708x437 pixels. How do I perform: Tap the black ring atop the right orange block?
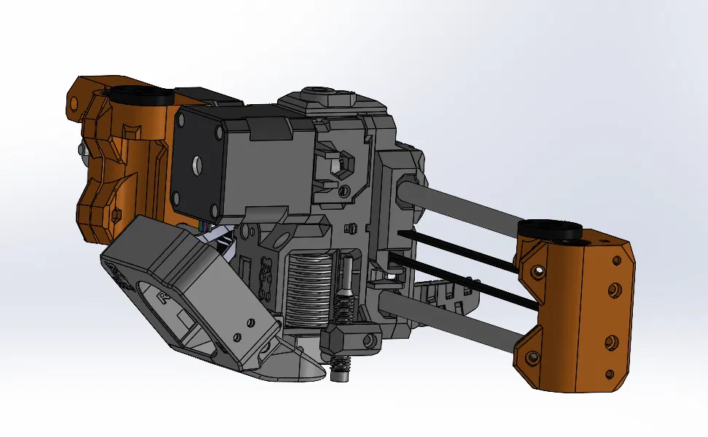click(x=550, y=229)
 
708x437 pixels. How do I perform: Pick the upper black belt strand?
click(x=459, y=248)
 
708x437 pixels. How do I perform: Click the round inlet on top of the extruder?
click(x=318, y=93)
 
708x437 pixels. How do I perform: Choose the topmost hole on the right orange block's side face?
click(x=602, y=240)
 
